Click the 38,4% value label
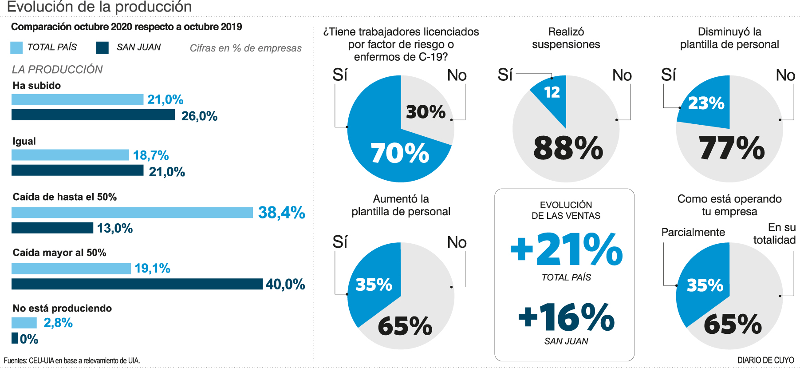pos(281,213)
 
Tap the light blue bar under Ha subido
pos(77,99)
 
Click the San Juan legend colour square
pos(102,47)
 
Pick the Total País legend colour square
pos(16,47)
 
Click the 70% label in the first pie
pos(399,153)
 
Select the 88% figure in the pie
pos(568,148)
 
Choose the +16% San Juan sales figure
pos(567,317)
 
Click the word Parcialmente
pos(693,232)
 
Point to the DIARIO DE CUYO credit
pos(765,360)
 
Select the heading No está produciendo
pos(62,308)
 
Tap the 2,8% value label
pos(58,323)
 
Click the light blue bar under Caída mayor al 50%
pos(71,269)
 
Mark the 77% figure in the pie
pos(732,148)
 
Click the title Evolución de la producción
pos(99,7)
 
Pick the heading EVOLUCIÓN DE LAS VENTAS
pos(566,210)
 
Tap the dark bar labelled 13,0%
pos(52,228)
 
